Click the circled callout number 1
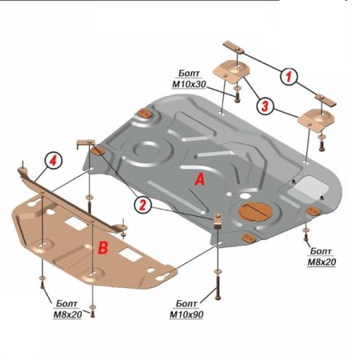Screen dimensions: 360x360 [x=289, y=77]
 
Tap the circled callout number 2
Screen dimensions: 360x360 [x=142, y=205]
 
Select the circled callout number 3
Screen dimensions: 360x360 [x=265, y=106]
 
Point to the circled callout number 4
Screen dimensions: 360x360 [x=54, y=161]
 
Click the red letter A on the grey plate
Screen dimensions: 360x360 [x=199, y=179]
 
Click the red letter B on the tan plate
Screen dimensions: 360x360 [x=103, y=247]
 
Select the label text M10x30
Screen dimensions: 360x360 [x=189, y=84]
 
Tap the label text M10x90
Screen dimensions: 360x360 [x=186, y=314]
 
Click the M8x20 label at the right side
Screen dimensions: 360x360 [x=322, y=262]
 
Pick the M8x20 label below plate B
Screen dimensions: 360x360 [x=67, y=314]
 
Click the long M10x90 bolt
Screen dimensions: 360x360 [x=218, y=288]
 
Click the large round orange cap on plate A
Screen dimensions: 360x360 [x=254, y=212]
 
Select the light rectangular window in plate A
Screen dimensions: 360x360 [x=308, y=190]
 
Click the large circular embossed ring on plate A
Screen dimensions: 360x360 [x=146, y=150]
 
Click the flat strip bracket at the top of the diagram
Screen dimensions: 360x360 [x=234, y=47]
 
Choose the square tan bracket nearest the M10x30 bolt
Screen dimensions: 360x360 [x=231, y=70]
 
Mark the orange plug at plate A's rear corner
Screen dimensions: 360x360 [x=145, y=114]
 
